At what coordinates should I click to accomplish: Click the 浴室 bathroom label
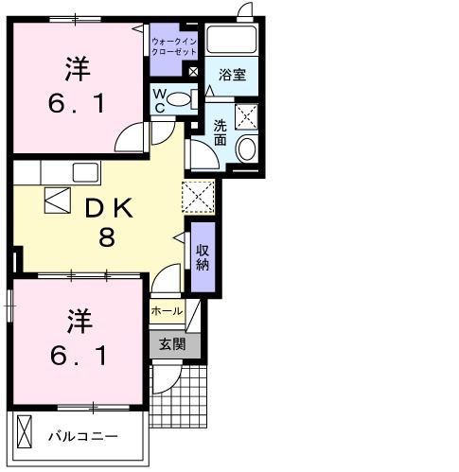tap(232, 74)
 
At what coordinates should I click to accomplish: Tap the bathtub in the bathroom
tap(233, 41)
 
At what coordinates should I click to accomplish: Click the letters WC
tap(159, 100)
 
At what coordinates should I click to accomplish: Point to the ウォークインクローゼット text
tap(173, 46)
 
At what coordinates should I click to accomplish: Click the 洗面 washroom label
tap(220, 132)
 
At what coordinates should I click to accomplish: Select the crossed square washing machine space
tap(248, 119)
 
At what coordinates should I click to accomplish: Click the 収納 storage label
tap(203, 256)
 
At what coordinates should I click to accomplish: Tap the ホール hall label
tap(166, 310)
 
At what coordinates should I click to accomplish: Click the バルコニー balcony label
tap(82, 436)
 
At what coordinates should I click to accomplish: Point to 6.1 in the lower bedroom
tap(79, 357)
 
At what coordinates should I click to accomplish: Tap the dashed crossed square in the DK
tap(200, 198)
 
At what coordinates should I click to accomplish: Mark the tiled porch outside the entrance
tap(189, 393)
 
